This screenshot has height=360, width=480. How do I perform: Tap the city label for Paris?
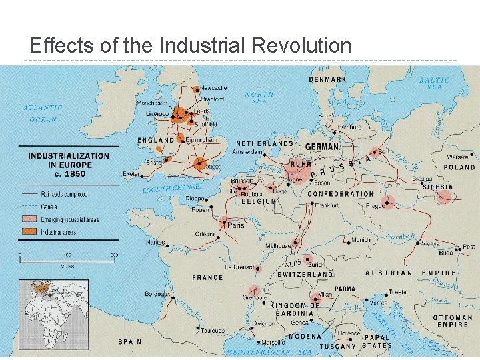click(x=236, y=225)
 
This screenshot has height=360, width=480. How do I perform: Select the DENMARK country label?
click(x=327, y=79)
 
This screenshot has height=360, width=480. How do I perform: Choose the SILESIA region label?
click(x=437, y=187)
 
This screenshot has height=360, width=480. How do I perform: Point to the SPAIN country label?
click(x=129, y=341)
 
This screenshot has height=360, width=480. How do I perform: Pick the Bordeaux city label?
click(x=157, y=293)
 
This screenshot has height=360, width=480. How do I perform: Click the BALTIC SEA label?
click(x=434, y=83)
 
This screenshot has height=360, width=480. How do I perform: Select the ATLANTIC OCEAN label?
click(x=43, y=113)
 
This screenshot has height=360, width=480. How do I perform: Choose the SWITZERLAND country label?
click(x=305, y=275)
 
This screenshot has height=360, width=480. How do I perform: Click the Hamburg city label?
click(x=349, y=127)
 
